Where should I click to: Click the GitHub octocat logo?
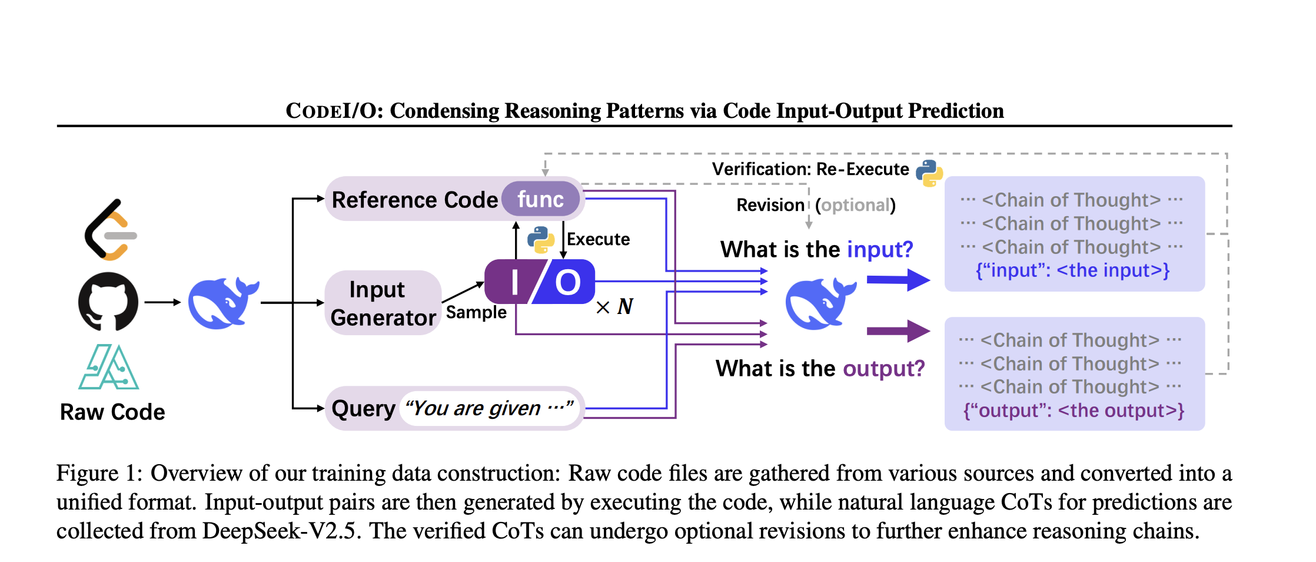tap(108, 301)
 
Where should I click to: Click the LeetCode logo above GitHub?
tap(111, 230)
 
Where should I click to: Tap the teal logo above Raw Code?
tap(109, 367)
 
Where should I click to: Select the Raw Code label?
tap(112, 412)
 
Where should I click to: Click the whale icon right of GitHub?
tap(224, 303)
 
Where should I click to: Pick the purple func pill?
tap(540, 199)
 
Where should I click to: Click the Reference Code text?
tap(415, 200)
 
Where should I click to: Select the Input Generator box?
tap(383, 303)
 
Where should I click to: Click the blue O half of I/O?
tap(565, 282)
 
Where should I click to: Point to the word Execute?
tap(598, 239)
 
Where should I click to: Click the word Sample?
tap(476, 312)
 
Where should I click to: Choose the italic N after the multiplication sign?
tap(625, 306)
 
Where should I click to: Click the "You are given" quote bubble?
tap(490, 408)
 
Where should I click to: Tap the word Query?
tap(363, 409)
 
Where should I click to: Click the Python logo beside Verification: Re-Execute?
tap(929, 173)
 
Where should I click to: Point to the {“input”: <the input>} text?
tap(1073, 270)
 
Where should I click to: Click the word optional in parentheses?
tap(855, 205)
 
